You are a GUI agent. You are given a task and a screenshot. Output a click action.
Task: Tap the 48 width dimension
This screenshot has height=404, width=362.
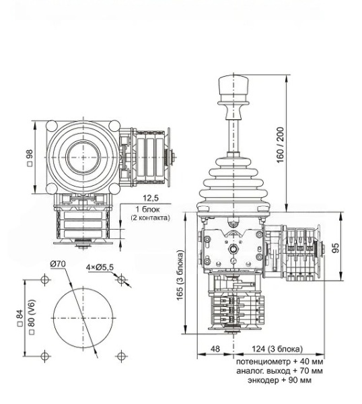pyautogui.click(x=215, y=349)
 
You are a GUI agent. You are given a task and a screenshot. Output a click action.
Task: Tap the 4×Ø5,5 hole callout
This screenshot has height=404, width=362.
pyautogui.click(x=100, y=267)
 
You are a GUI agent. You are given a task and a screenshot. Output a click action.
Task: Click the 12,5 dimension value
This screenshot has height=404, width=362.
pyautogui.click(x=150, y=199)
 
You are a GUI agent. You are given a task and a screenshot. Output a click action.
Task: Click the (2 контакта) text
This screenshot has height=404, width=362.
pyautogui.click(x=150, y=217)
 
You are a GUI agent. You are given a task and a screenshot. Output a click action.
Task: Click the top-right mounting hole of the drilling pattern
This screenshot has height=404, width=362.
pyautogui.click(x=121, y=279)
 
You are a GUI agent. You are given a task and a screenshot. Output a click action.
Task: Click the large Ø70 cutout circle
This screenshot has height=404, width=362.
pyautogui.click(x=83, y=316)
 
